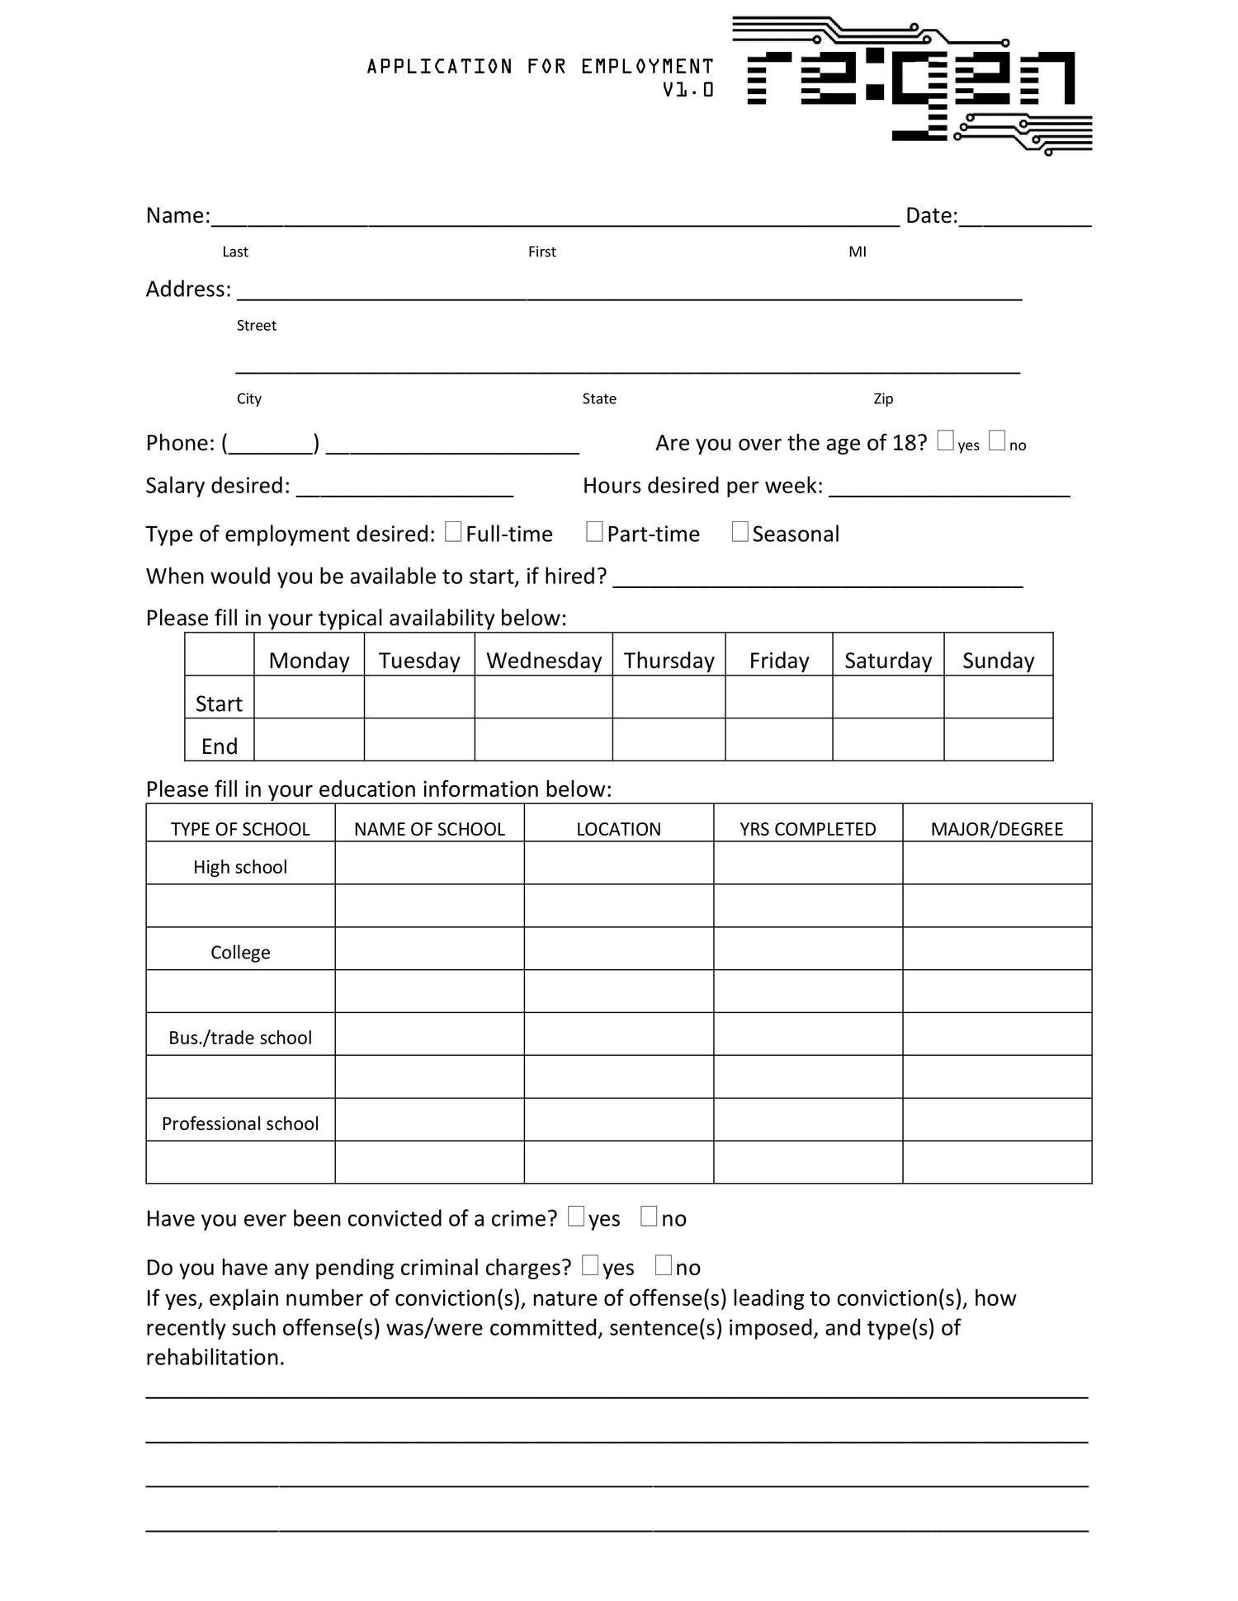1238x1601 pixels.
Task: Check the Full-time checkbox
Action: pyautogui.click(x=453, y=532)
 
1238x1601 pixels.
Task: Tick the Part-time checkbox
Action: pyautogui.click(x=594, y=532)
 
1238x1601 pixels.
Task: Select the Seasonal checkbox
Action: pyautogui.click(x=740, y=532)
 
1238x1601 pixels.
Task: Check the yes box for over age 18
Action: pyautogui.click(x=946, y=440)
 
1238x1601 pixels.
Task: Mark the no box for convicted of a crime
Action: pyautogui.click(x=649, y=1217)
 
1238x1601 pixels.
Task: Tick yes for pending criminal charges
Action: pyautogui.click(x=590, y=1265)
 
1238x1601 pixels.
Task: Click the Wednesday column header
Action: pyautogui.click(x=544, y=660)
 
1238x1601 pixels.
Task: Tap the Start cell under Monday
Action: pyautogui.click(x=309, y=697)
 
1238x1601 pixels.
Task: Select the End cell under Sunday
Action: pyautogui.click(x=998, y=740)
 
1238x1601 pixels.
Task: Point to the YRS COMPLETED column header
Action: pyautogui.click(x=807, y=828)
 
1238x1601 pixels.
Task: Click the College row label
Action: pyautogui.click(x=240, y=952)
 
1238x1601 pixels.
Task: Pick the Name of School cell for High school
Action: pyautogui.click(x=429, y=864)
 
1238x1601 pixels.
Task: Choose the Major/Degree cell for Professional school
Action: pyautogui.click(x=997, y=1120)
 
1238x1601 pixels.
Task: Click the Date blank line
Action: pyautogui.click(x=1025, y=218)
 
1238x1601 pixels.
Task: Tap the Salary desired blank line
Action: pyautogui.click(x=404, y=488)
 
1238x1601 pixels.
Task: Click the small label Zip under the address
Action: pyautogui.click(x=883, y=398)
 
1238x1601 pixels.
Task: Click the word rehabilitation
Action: pyautogui.click(x=215, y=1357)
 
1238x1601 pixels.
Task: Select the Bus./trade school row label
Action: pyautogui.click(x=240, y=1038)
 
